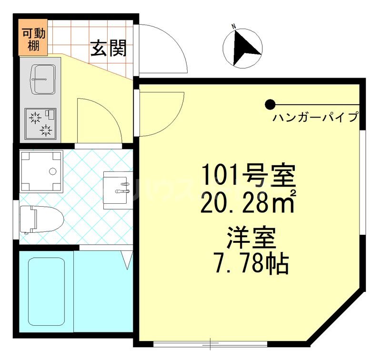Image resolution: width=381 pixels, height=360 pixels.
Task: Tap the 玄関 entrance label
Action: [109, 48]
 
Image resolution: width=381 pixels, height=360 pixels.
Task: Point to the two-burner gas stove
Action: [40, 123]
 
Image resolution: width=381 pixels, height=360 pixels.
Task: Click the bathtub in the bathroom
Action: [46, 291]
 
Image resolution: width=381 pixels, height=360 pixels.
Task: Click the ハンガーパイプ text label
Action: [315, 117]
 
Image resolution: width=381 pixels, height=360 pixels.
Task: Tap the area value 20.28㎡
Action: [250, 203]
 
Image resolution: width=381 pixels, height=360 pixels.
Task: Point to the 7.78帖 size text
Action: [251, 265]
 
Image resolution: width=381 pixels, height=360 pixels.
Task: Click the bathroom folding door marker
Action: [127, 259]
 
